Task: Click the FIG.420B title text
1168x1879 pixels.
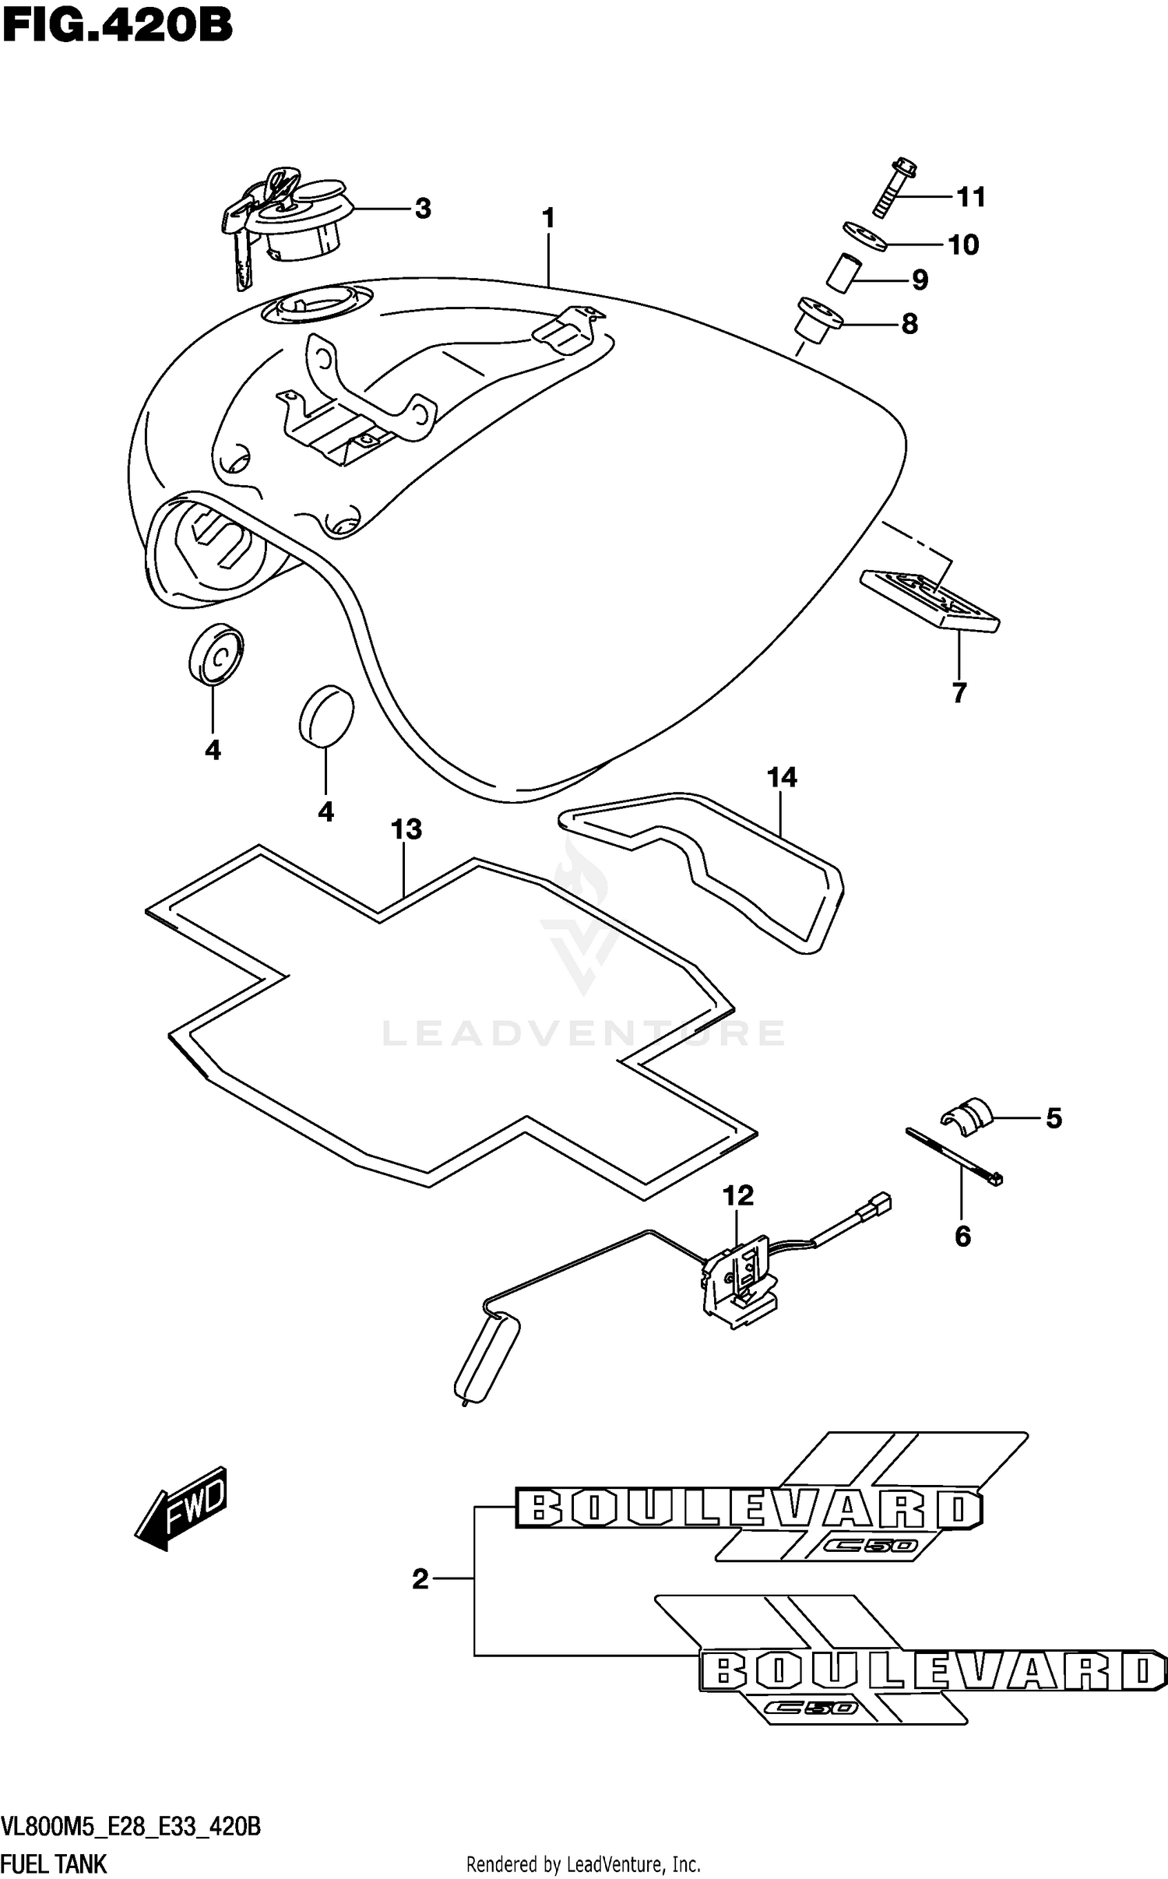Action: (x=117, y=26)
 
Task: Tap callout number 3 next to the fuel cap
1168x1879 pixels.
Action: (x=422, y=209)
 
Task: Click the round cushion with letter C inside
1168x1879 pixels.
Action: (x=216, y=654)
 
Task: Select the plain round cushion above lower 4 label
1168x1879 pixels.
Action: (x=326, y=714)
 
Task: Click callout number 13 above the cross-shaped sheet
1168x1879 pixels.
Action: (x=406, y=830)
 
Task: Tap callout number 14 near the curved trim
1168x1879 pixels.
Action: (x=782, y=777)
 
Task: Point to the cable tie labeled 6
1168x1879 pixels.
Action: (x=954, y=1158)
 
